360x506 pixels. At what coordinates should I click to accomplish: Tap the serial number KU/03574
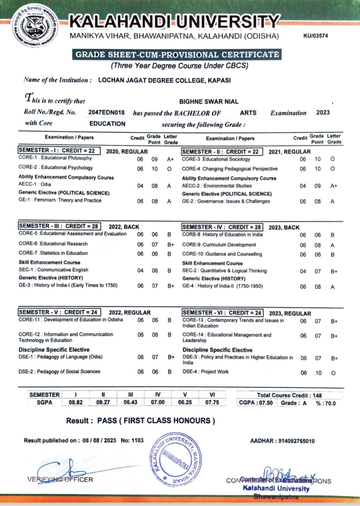coord(315,36)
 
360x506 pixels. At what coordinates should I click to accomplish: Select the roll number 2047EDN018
coord(106,113)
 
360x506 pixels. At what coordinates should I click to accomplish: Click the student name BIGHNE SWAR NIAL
coord(208,102)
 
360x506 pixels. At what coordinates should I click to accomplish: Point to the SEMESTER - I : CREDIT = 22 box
coord(59,150)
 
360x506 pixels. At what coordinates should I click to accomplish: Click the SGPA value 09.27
coord(103,402)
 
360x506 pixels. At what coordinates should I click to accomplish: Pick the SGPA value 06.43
coord(130,402)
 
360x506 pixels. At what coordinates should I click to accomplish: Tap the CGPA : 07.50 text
coord(256,403)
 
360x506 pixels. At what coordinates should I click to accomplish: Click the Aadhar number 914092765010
coord(296,441)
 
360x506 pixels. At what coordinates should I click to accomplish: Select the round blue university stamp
coord(175,459)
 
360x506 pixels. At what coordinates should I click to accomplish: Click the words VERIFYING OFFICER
coord(60,480)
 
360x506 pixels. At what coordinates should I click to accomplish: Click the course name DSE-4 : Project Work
coord(206,372)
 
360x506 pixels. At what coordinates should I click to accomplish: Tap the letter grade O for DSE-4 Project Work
coord(333,373)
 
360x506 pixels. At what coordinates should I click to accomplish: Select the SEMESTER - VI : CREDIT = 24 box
coord(222,313)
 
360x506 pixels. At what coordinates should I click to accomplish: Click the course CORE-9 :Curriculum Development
coord(219,245)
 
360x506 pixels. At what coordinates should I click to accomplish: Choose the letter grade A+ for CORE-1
coord(170,159)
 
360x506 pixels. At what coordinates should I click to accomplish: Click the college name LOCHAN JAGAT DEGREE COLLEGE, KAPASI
coord(164,80)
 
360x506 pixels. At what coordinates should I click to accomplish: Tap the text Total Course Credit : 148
coord(289,395)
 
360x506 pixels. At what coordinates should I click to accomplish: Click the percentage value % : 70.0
coord(326,403)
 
